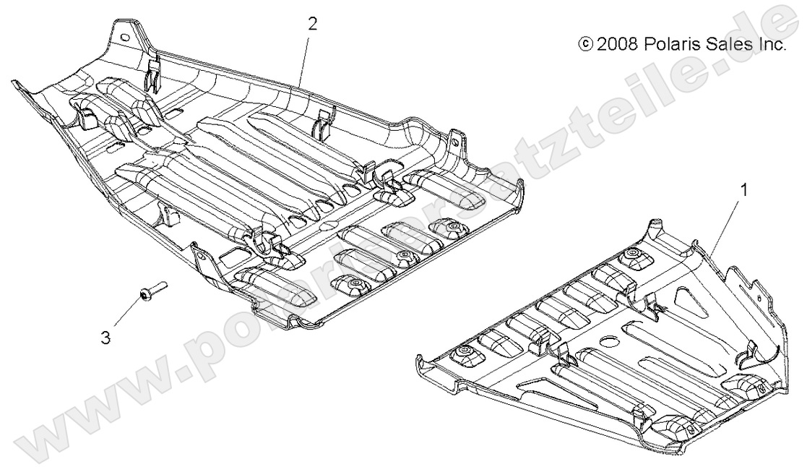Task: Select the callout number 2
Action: click(312, 24)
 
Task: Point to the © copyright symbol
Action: click(584, 45)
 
